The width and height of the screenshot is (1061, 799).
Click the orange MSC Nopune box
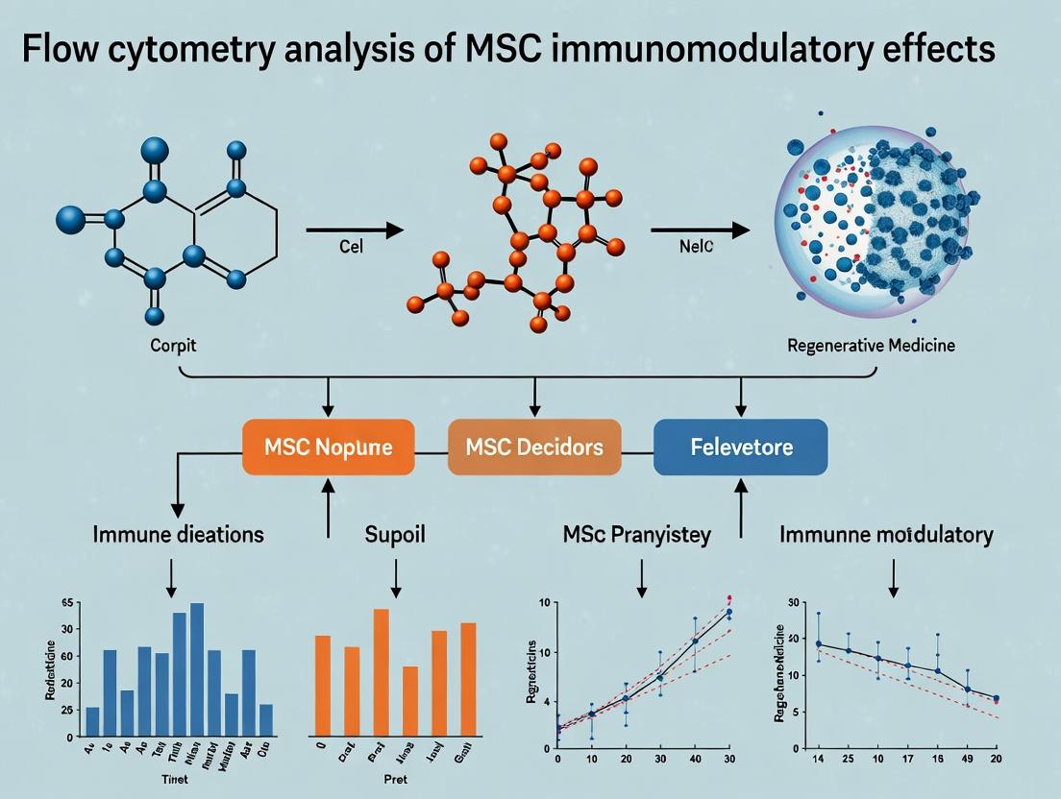coord(329,447)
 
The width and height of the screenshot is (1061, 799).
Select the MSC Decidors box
coord(533,447)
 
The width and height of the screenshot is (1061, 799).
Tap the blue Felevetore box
coord(740,447)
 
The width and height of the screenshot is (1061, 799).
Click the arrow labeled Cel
coord(352,230)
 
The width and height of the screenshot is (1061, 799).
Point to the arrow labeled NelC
coord(699,230)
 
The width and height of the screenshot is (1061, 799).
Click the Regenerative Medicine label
coord(871,345)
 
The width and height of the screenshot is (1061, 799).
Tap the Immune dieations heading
coord(178,535)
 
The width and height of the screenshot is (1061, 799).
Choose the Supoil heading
coord(395,535)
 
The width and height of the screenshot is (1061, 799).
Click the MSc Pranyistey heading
coord(637,535)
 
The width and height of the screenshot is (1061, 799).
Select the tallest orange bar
coord(382,672)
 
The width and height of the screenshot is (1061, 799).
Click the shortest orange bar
coord(410,701)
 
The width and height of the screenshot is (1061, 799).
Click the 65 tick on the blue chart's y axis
coord(67,603)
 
